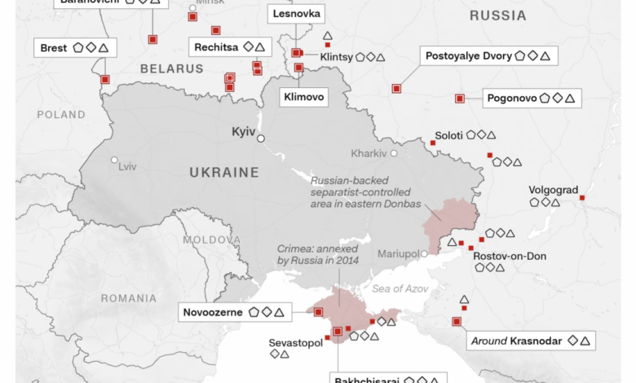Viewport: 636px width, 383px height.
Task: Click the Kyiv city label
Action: click(244, 131)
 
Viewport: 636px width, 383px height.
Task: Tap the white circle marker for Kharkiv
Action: click(394, 153)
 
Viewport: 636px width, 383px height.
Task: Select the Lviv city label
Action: click(127, 167)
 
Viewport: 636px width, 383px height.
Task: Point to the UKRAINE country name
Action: click(224, 173)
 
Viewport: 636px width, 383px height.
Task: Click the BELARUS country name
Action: click(170, 69)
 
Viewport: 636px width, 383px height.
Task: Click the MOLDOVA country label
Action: click(211, 240)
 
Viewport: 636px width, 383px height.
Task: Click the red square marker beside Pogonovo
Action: click(459, 99)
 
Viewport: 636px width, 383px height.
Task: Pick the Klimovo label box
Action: click(303, 97)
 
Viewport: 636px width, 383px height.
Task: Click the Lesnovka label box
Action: click(297, 15)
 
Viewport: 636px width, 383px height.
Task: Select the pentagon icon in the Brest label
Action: click(78, 48)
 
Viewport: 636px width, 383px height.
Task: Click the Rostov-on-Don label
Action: click(510, 256)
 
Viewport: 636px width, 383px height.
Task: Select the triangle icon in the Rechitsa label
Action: click(271, 47)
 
